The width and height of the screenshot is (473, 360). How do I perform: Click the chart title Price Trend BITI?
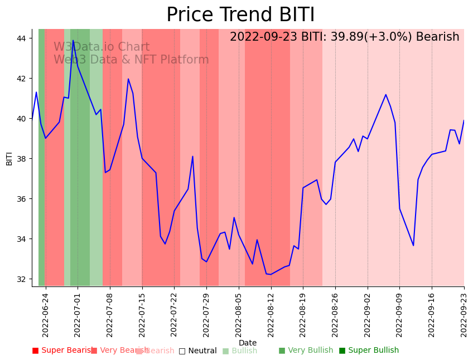(x=240, y=15)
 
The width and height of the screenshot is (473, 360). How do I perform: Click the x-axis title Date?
(x=248, y=343)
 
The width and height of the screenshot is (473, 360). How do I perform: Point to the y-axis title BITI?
(x=9, y=158)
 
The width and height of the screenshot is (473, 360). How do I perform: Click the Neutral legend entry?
(x=197, y=351)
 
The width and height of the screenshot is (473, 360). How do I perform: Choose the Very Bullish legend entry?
(x=306, y=351)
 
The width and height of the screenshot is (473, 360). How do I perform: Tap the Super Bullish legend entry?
(x=369, y=351)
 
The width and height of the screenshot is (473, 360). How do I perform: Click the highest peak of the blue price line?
(x=73, y=40)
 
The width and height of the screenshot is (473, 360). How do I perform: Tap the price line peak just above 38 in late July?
(x=192, y=156)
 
